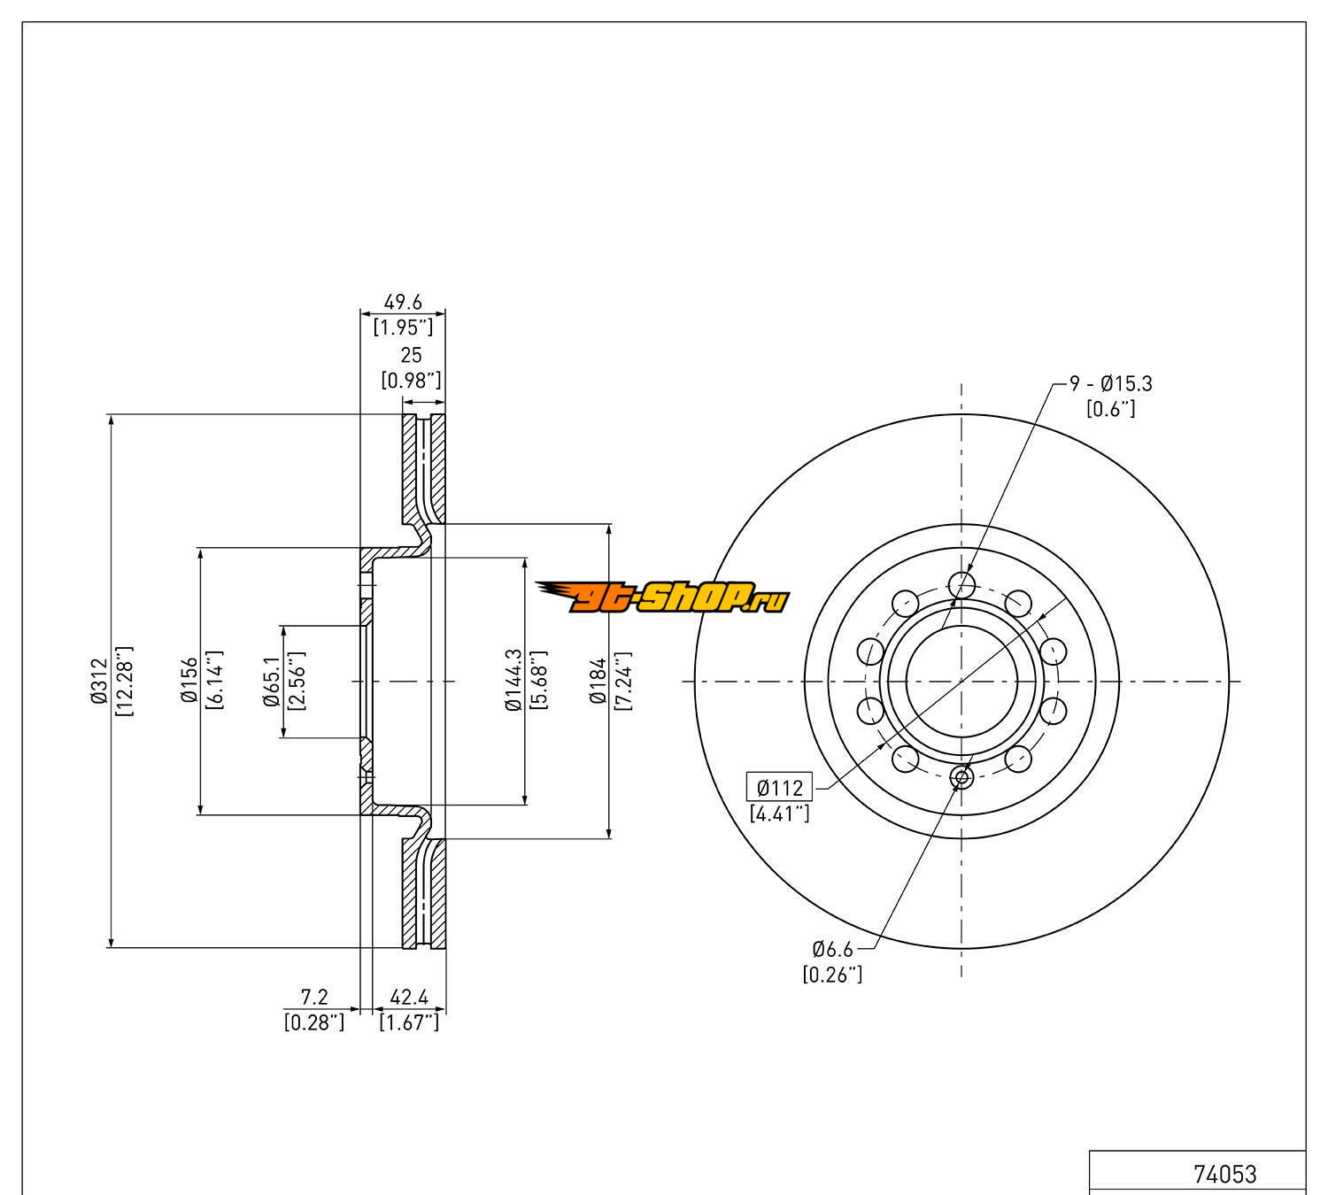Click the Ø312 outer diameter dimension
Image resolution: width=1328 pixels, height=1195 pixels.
tap(97, 682)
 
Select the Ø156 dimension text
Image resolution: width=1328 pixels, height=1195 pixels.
tap(189, 682)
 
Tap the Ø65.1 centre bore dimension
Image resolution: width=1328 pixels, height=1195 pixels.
tap(271, 682)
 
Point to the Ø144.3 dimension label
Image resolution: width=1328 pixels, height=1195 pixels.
tap(513, 680)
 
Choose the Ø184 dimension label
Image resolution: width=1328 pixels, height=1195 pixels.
tap(598, 681)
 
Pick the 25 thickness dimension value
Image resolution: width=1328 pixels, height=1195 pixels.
tap(411, 357)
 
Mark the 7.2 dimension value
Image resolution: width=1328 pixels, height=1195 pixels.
tap(314, 998)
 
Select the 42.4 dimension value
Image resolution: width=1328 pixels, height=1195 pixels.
tap(409, 998)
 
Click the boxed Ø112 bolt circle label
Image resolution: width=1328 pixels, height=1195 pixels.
tap(779, 786)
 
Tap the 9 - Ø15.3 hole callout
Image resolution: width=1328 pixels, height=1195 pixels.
tap(1110, 384)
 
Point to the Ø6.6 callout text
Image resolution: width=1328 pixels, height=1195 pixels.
tap(832, 950)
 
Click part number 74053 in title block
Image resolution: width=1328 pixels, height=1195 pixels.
tap(1224, 1175)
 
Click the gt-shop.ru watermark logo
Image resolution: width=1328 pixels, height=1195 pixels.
tap(661, 599)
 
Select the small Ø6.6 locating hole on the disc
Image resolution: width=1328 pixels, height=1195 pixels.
tap(961, 777)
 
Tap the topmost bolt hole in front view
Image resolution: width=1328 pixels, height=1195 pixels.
tap(961, 584)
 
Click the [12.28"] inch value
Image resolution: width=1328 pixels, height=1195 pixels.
tap(124, 682)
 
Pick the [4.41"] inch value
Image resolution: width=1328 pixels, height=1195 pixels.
tap(779, 812)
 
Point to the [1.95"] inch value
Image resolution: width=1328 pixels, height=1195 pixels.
tap(403, 328)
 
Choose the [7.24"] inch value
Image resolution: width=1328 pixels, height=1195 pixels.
tap(623, 681)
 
